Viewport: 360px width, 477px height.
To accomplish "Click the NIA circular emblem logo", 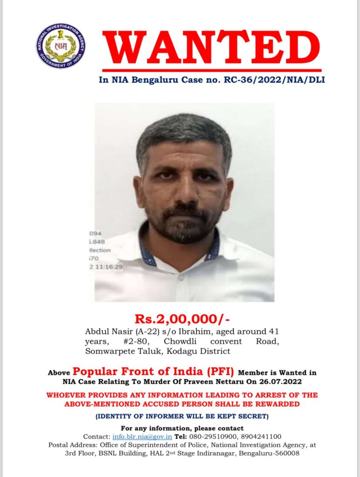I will point(61,46).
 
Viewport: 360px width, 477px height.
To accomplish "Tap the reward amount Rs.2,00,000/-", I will point(182,319).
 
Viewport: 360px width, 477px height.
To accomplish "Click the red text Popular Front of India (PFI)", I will point(154,372).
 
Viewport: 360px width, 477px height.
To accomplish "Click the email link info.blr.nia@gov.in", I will point(143,436).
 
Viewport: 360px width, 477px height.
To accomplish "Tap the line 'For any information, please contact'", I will point(182,428).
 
